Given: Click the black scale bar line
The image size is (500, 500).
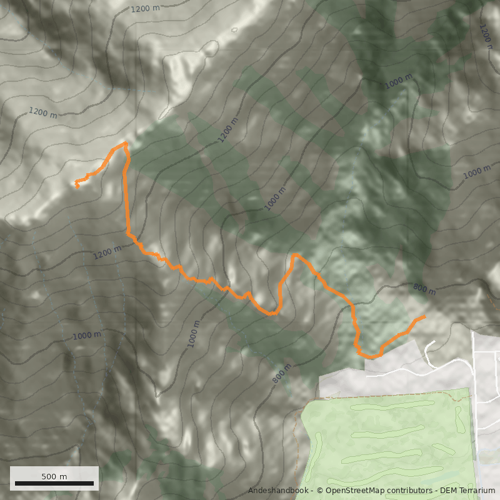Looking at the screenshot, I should pyautogui.click(x=54, y=483).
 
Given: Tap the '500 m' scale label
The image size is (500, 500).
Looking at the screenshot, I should pyautogui.click(x=54, y=476).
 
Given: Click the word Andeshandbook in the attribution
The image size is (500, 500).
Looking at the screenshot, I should pyautogui.click(x=278, y=491).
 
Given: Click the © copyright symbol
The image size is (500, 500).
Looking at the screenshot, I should pyautogui.click(x=320, y=491).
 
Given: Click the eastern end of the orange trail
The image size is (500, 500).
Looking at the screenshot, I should pyautogui.click(x=424, y=317).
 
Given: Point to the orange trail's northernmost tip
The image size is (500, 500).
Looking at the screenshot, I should pyautogui.click(x=126, y=143).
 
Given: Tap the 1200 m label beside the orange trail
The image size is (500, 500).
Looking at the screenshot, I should pyautogui.click(x=107, y=252).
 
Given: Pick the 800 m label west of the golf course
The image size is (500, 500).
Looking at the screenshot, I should pyautogui.click(x=282, y=373).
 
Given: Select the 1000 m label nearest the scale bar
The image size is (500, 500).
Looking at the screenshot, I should pyautogui.click(x=86, y=336).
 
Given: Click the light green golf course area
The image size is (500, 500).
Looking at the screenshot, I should pyautogui.click(x=387, y=444).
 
